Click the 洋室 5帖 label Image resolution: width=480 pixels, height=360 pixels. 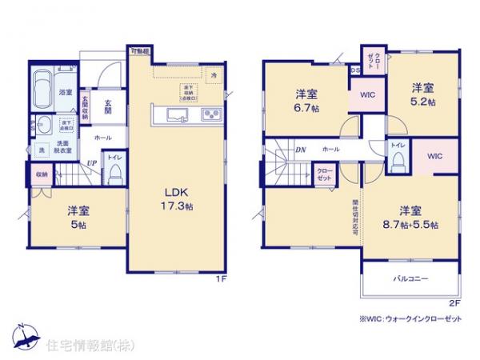(x=78, y=218)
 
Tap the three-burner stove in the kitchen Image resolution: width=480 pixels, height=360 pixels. (x=212, y=114)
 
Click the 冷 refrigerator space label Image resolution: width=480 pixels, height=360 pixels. (x=213, y=74)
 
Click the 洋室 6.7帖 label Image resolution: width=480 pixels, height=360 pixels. (x=306, y=100)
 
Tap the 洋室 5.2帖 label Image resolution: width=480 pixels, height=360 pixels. (x=423, y=94)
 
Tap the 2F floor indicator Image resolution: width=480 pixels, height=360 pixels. (x=454, y=303)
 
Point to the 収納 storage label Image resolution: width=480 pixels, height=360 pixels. (x=41, y=174)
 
